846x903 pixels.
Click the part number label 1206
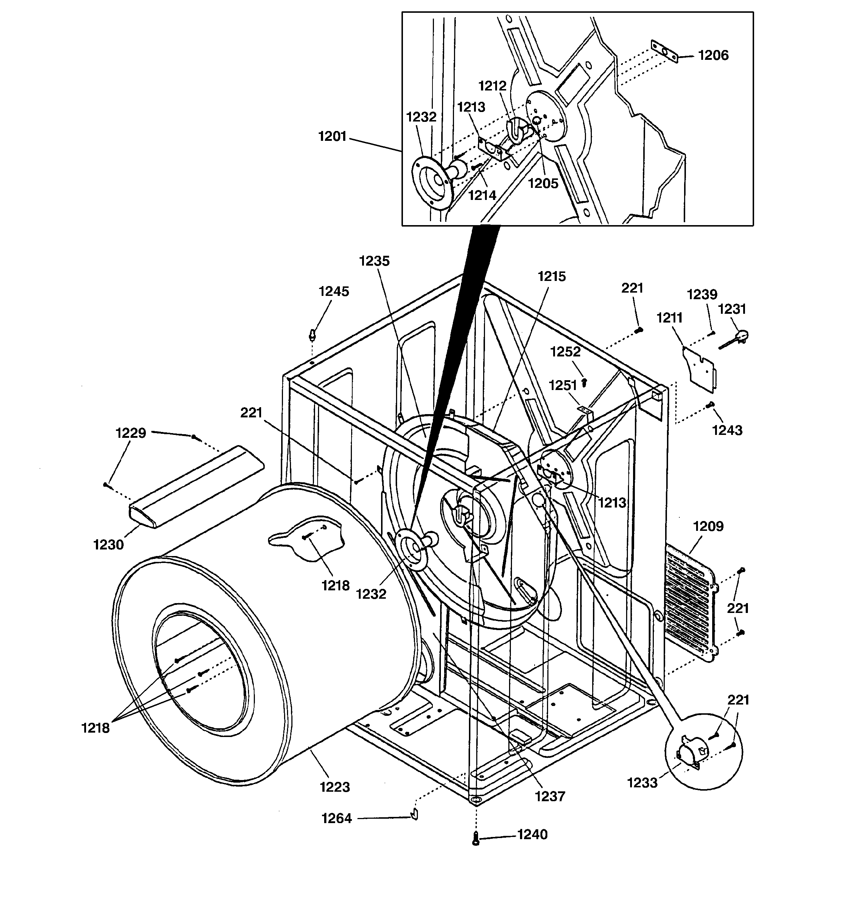tap(713, 55)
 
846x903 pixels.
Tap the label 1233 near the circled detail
tap(642, 783)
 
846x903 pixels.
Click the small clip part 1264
tap(415, 814)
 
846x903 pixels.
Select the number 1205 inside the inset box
tap(543, 184)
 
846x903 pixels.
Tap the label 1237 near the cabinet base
tap(550, 796)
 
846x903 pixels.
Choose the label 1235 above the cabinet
tap(374, 261)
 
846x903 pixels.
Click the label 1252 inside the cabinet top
tap(565, 352)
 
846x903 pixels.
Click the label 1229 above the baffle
tap(131, 433)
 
